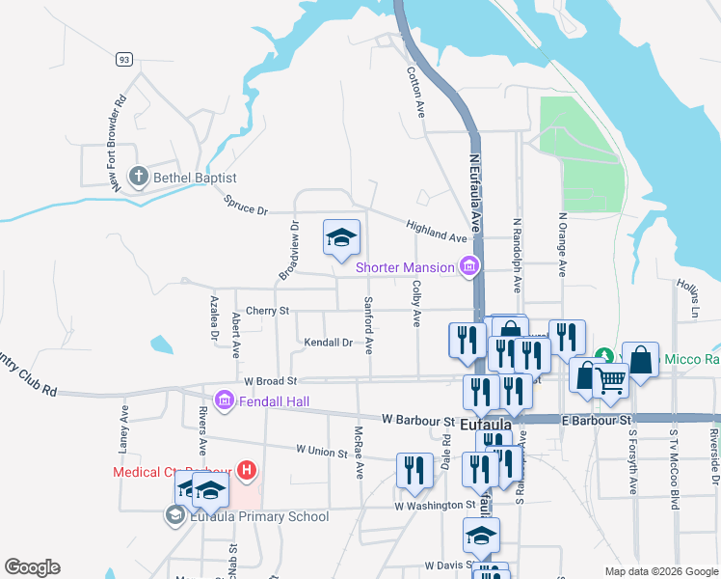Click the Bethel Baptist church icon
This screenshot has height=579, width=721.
point(139,178)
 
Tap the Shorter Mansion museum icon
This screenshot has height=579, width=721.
point(469,267)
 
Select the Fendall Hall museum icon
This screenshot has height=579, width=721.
point(224,398)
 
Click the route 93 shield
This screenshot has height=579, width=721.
point(123,60)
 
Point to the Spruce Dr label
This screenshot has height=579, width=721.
point(245,206)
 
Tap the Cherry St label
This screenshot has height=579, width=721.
point(268,311)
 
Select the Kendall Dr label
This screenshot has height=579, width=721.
point(329,343)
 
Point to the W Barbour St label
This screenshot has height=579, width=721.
point(417,421)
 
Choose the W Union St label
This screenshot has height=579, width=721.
point(321,450)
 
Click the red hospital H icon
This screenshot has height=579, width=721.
point(247,472)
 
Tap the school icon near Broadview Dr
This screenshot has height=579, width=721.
point(341,238)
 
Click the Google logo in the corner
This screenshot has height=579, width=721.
point(32,567)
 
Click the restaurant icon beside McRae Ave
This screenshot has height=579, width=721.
point(414,470)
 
